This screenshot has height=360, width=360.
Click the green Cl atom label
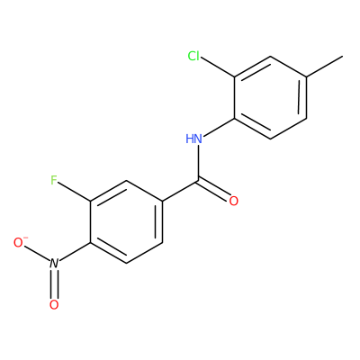(x=193, y=56)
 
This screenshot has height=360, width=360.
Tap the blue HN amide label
(x=193, y=139)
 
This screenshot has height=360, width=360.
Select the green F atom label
(x=54, y=180)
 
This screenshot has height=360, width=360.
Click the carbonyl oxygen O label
(x=234, y=201)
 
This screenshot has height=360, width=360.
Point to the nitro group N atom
(x=54, y=264)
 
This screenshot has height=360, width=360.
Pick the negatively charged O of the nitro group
(x=20, y=242)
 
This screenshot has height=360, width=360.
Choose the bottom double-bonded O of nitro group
(x=54, y=305)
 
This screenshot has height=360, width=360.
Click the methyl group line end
(x=342, y=56)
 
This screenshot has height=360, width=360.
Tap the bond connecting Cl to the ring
(x=217, y=67)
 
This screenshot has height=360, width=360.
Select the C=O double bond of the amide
(x=213, y=191)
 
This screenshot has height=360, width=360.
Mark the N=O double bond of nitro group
(x=54, y=283)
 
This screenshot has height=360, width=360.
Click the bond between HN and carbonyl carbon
(x=198, y=163)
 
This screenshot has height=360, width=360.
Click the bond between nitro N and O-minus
(x=38, y=254)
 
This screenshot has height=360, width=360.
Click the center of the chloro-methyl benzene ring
(x=270, y=97)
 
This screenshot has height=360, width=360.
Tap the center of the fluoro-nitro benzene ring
(x=126, y=222)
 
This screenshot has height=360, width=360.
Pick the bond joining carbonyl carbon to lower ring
(x=180, y=191)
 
